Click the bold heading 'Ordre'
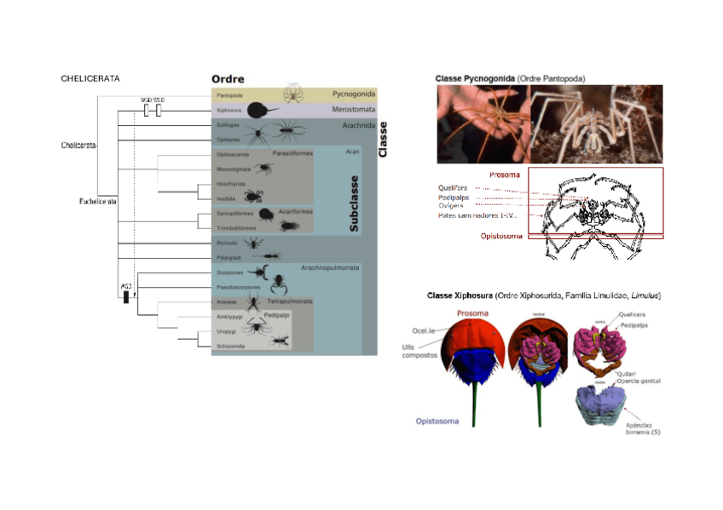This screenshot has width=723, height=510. (x=228, y=79)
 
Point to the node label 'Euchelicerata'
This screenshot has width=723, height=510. (x=92, y=201)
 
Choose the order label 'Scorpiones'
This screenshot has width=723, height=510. (x=230, y=272)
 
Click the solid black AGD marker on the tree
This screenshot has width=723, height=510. (x=126, y=297)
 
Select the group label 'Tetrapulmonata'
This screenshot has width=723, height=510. (x=290, y=301)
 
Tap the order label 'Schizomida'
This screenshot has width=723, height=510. (x=231, y=346)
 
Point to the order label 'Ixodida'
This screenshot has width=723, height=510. (x=226, y=198)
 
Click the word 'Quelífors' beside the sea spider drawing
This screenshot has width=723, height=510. (x=453, y=187)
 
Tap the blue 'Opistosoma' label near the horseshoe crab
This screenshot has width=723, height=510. (x=437, y=421)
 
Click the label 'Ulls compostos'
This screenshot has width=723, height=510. (x=418, y=350)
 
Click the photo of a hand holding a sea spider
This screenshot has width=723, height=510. (x=483, y=123)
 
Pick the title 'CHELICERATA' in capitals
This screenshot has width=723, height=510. (x=90, y=78)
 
